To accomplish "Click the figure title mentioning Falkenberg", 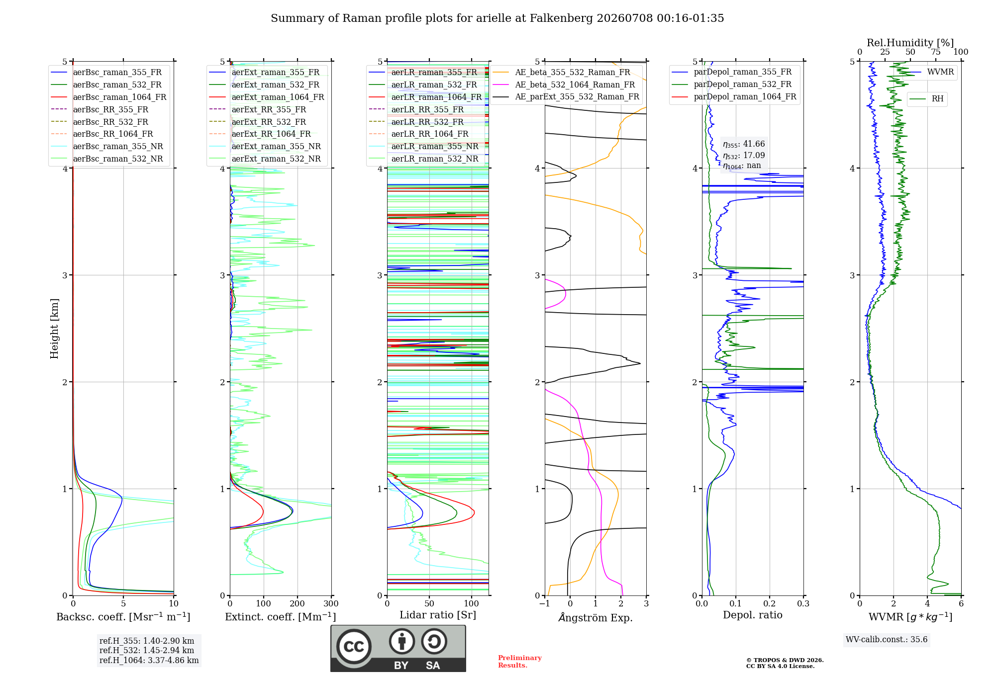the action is click(x=497, y=18).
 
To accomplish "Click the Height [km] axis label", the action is click(x=54, y=329).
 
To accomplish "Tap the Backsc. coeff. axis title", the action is click(x=123, y=616).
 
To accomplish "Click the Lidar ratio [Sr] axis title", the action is click(x=438, y=615).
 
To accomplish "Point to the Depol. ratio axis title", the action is click(x=753, y=615).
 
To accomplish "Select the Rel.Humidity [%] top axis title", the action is click(x=910, y=43).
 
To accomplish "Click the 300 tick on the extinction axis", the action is click(x=331, y=603).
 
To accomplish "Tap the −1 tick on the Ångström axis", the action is click(x=545, y=603).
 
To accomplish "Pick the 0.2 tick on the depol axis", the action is click(x=770, y=603).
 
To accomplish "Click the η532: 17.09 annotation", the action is click(x=744, y=156).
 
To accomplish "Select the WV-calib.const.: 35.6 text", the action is click(x=887, y=639).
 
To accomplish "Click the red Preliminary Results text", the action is click(x=520, y=662).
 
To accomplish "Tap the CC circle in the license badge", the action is click(x=354, y=647).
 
